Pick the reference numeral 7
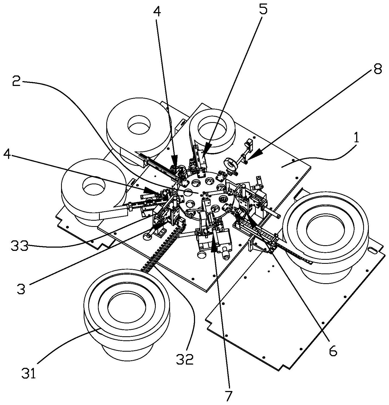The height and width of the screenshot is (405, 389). (x=228, y=396)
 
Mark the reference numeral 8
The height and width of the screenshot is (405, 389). (x=377, y=70)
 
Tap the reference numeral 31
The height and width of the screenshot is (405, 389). (x=29, y=374)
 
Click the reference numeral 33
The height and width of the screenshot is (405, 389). (x=19, y=246)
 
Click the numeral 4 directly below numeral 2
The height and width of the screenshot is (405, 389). (x=9, y=155)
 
